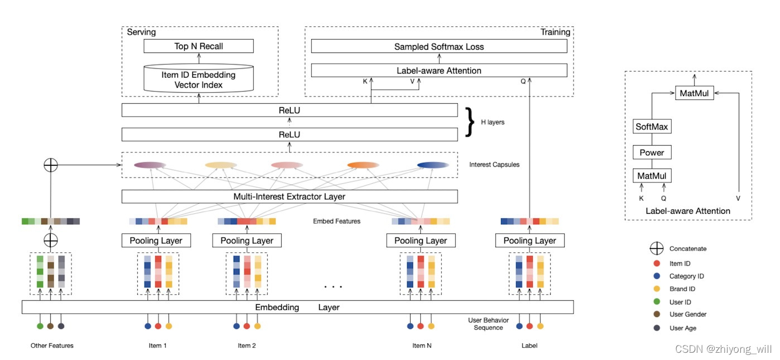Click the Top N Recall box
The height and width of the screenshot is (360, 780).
pos(198,46)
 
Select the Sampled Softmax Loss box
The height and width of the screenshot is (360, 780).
pos(439,46)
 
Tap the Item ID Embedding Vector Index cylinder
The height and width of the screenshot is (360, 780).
pos(198,79)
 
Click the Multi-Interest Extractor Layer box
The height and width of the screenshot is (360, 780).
pos(289,196)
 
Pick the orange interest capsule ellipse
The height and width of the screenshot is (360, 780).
pos(363,165)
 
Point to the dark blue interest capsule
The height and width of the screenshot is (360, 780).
pos(433,165)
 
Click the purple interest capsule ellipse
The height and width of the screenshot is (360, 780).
pos(150,165)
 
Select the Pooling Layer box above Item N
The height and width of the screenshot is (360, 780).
pos(421,241)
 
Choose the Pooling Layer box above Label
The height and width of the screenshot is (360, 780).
pos(529,241)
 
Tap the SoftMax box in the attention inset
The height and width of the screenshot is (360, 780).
pos(652,127)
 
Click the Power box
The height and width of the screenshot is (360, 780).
pos(652,152)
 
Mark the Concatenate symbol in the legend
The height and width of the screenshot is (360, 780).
pos(656,249)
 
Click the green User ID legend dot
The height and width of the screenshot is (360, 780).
pos(656,302)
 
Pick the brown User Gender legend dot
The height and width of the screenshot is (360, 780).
pos(656,315)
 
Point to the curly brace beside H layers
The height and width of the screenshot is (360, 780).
pos(470,122)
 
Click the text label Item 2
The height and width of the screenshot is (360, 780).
pos(247,345)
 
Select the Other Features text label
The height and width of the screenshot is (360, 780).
pos(52,345)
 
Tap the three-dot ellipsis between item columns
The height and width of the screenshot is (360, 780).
pos(333,287)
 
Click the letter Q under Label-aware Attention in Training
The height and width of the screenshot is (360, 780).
pos(523,80)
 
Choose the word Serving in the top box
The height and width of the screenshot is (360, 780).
pos(141,32)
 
